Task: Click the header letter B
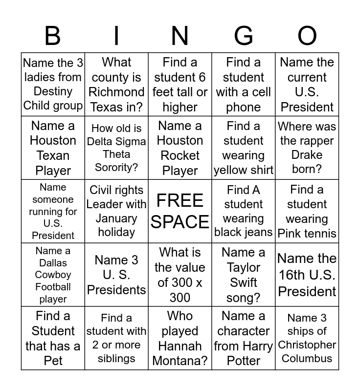click(53, 36)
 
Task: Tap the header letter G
click(243, 36)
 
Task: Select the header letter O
click(307, 36)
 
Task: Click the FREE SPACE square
click(180, 211)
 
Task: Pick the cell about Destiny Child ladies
click(53, 84)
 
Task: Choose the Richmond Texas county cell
click(116, 84)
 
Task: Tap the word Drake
click(307, 155)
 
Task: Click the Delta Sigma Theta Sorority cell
click(116, 148)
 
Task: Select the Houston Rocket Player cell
click(180, 148)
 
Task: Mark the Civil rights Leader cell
click(116, 211)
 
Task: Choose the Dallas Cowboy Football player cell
click(53, 275)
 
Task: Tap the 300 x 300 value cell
click(180, 275)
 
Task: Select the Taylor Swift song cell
click(243, 275)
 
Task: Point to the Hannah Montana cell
click(180, 338)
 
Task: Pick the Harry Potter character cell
click(243, 338)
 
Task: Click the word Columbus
click(307, 358)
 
